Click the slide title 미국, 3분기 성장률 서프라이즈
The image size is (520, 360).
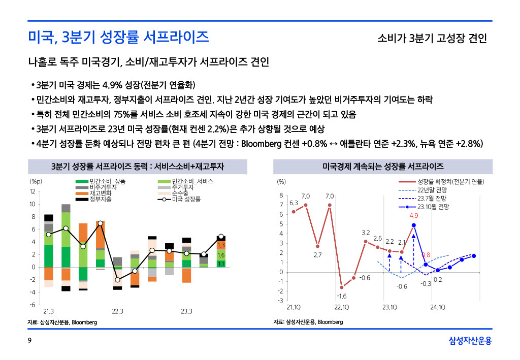(118, 37)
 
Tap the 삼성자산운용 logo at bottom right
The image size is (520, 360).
(470, 340)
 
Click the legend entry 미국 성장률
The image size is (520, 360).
(186, 199)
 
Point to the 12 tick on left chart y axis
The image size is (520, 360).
(32, 192)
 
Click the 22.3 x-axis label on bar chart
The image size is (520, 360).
(118, 311)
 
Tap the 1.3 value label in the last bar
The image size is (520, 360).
(221, 246)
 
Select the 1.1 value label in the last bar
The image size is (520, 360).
(221, 264)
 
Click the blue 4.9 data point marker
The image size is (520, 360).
(414, 225)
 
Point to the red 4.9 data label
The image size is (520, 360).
(414, 216)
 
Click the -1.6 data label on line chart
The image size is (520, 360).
(341, 296)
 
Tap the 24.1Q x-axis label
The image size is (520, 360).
(438, 307)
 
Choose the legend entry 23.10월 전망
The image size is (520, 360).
(433, 207)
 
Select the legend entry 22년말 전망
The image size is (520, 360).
(432, 190)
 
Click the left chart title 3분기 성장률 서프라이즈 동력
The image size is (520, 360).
(138, 167)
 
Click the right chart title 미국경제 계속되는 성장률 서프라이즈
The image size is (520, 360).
(383, 167)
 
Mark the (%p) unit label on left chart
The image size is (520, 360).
(36, 181)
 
